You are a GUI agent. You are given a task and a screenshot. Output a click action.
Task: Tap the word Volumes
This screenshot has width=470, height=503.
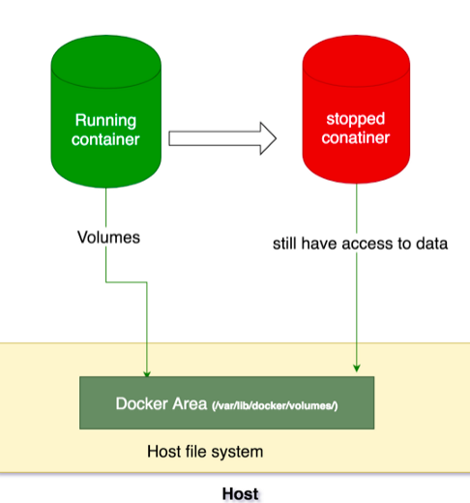107,237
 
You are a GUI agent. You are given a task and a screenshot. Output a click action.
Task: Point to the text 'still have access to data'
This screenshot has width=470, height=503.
360,244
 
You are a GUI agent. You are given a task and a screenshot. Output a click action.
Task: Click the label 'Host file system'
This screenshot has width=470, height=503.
204,452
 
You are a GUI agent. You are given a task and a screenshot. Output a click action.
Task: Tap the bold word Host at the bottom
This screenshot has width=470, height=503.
240,493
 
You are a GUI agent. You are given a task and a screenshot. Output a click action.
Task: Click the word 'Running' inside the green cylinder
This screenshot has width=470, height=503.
106,121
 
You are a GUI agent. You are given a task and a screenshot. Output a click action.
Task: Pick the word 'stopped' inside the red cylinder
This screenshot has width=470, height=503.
357,119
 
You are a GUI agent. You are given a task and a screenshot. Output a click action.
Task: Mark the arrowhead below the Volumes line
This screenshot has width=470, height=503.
147,371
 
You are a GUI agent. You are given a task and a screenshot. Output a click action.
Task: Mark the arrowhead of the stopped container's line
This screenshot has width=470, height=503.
357,367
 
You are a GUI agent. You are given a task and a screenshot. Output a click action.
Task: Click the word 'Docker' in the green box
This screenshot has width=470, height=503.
138,403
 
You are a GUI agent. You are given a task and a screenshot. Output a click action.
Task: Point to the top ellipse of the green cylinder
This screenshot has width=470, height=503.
106,53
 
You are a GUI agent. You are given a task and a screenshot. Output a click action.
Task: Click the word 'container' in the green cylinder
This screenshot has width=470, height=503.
106,139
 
